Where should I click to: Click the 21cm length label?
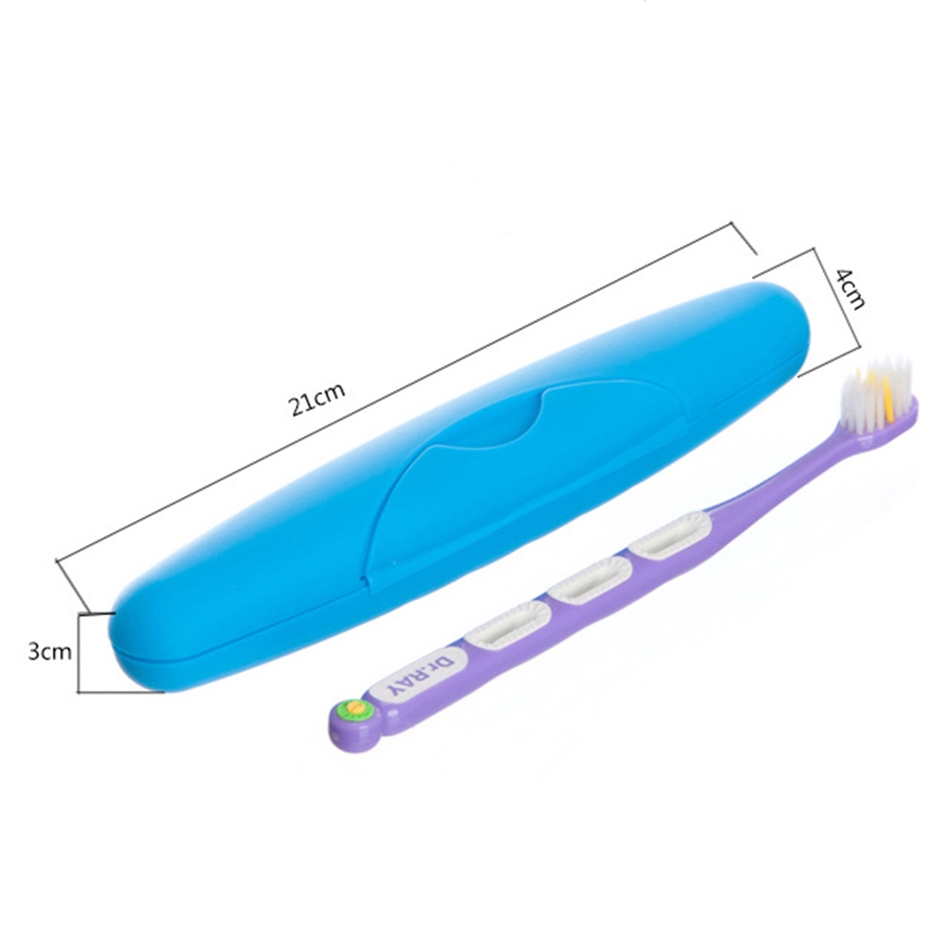(x=318, y=400)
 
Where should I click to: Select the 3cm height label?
(x=50, y=651)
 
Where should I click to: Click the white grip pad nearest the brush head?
(x=670, y=534)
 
